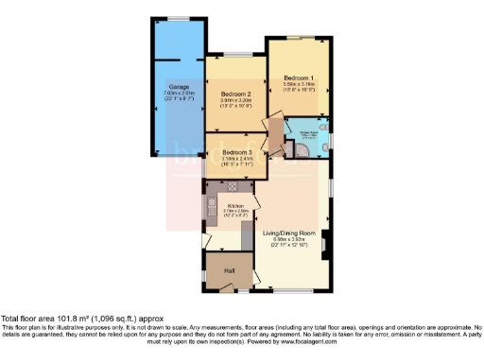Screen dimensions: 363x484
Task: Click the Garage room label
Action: (x=177, y=85)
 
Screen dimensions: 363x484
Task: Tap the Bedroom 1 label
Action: (x=297, y=76)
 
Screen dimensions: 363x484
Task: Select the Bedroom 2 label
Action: (x=236, y=95)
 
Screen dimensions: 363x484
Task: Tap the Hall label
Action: (x=229, y=271)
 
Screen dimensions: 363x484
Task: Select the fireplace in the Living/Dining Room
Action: (x=324, y=248)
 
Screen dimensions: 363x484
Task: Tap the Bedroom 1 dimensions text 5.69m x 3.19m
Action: (x=297, y=84)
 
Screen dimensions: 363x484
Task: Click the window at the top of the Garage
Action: (x=178, y=18)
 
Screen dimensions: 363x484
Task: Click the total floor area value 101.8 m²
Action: (x=72, y=320)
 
